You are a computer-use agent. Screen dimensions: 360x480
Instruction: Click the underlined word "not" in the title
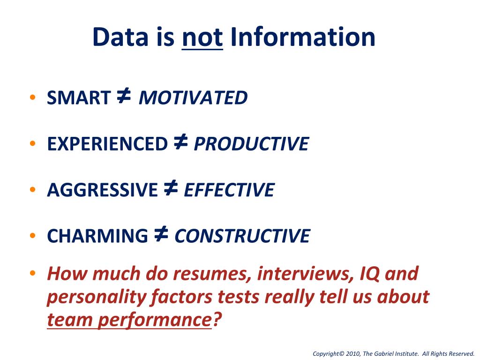click(x=202, y=37)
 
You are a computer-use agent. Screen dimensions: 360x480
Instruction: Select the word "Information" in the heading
click(x=303, y=37)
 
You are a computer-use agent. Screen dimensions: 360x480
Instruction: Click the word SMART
click(x=78, y=98)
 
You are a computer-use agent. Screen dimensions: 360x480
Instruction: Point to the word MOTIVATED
click(x=193, y=98)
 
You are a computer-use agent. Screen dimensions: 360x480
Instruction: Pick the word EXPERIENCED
click(x=107, y=144)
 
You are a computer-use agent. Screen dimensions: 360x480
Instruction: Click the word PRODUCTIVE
click(x=251, y=144)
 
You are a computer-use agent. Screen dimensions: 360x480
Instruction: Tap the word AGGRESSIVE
click(x=102, y=190)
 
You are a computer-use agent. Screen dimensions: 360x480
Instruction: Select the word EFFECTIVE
click(x=229, y=190)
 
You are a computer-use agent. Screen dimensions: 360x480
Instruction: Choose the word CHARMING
click(x=97, y=236)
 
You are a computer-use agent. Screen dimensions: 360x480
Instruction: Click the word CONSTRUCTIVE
click(x=242, y=236)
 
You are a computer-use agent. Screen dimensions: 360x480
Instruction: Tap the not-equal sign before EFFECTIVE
click(x=171, y=188)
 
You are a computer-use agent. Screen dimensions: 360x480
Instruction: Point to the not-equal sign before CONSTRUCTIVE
click(x=161, y=234)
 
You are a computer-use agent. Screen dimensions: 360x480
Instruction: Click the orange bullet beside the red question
click(x=32, y=273)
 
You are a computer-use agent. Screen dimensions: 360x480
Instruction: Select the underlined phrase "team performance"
click(x=128, y=320)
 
